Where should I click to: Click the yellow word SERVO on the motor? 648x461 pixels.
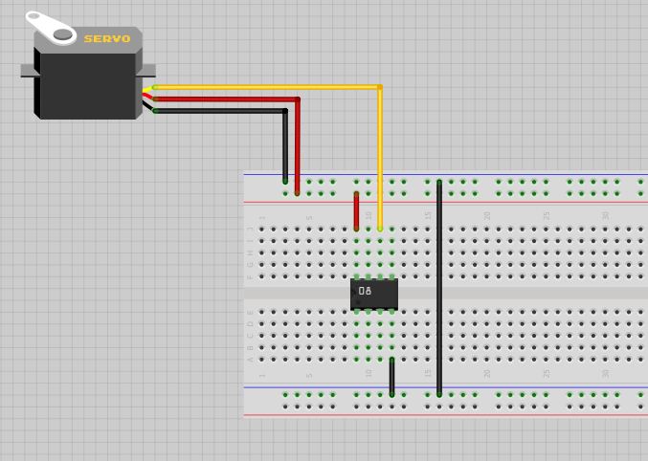(x=106, y=39)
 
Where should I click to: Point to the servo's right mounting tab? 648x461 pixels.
(x=147, y=70)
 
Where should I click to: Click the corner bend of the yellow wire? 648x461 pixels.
(x=379, y=87)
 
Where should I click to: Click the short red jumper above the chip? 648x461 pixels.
(x=356, y=211)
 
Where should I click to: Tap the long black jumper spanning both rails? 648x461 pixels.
(x=439, y=287)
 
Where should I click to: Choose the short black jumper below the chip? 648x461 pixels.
(x=391, y=376)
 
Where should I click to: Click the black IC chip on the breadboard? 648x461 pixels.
(x=374, y=294)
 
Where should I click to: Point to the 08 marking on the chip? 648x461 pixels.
(x=365, y=291)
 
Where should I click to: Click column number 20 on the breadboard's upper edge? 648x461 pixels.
(x=487, y=216)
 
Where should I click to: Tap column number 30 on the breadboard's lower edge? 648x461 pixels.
(x=606, y=373)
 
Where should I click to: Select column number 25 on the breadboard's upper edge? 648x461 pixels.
(x=547, y=216)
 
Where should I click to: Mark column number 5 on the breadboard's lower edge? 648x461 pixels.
(x=309, y=373)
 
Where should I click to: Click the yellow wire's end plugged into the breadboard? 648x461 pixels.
(x=380, y=229)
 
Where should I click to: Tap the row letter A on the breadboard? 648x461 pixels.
(x=251, y=360)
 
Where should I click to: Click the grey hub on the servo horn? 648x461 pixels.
(x=62, y=34)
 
